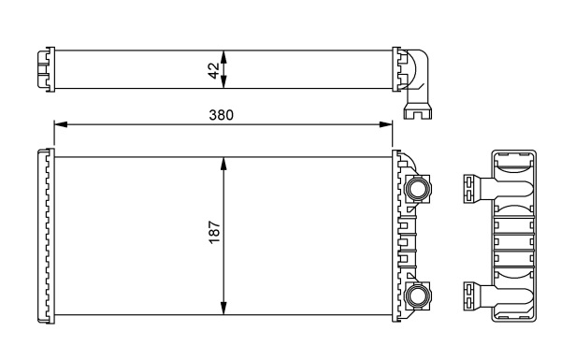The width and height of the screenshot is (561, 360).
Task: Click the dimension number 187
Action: point(213,234)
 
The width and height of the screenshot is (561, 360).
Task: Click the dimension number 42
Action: point(213,70)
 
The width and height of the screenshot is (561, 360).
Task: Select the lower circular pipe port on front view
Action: point(417,298)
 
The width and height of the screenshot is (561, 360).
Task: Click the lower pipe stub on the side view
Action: point(475,298)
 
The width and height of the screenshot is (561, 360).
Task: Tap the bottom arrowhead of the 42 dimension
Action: point(223,85)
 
